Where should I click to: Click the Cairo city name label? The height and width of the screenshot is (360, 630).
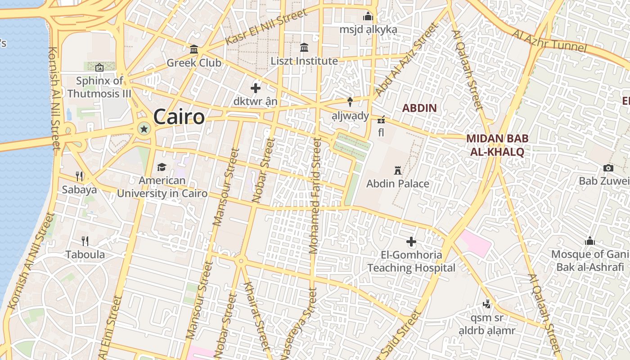pos(179,117)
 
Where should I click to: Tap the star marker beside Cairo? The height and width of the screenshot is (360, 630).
pos(144,130)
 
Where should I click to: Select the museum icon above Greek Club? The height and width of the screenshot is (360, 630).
pos(194,49)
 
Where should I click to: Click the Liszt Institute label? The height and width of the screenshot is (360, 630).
pos(304,61)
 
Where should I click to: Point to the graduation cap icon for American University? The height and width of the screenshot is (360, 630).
pos(162,167)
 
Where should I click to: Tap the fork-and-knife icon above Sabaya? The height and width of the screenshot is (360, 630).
pos(79,175)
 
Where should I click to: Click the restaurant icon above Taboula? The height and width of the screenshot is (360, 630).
pos(85,241)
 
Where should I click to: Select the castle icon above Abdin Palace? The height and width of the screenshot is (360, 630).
pos(397,171)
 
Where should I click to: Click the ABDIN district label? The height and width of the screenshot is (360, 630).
pos(419,108)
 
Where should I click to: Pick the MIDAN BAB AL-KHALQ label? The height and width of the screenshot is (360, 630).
pos(497,145)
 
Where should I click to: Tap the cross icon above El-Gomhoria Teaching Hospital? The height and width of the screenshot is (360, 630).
pos(411,242)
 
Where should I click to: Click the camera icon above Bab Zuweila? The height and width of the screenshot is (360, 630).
pos(608,168)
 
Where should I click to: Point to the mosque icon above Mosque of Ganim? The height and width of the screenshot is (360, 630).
pos(590,241)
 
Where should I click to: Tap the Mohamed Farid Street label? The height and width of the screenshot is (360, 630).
pos(315,196)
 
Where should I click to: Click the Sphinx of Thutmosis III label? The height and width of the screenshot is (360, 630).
pos(99,87)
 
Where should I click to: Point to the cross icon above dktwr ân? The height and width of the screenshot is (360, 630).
pos(256,88)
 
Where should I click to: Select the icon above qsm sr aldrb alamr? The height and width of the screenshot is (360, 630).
pos(486,305)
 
